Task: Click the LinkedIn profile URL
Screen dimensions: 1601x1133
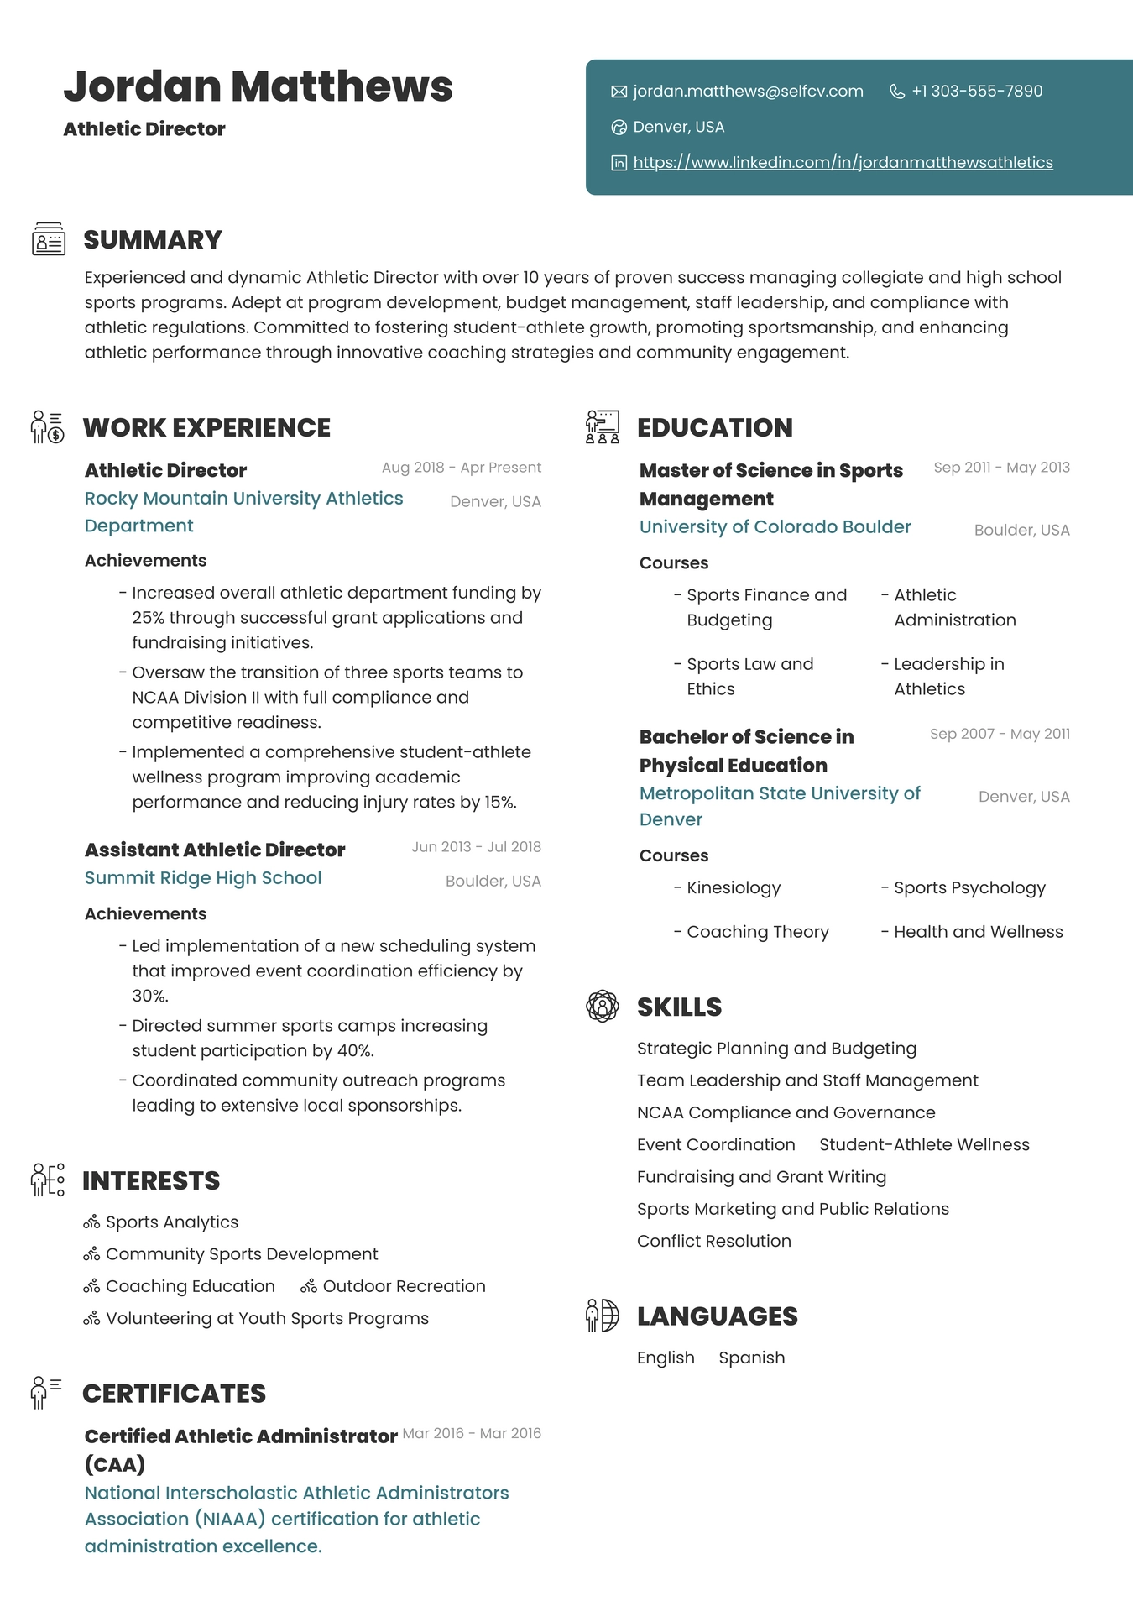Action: (x=843, y=163)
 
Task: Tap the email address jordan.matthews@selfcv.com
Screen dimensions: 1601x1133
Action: (x=748, y=92)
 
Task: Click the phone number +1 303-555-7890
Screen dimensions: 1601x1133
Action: (x=977, y=92)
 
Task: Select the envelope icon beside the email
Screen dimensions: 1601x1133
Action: (x=619, y=92)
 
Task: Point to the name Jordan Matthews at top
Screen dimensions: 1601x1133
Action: (x=258, y=86)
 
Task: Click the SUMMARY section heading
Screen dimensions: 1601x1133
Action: (x=153, y=240)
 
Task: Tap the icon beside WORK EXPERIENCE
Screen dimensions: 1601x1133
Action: (x=47, y=427)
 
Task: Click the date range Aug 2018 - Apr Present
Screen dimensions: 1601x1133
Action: (x=461, y=468)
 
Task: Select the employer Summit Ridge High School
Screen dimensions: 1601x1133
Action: (x=203, y=878)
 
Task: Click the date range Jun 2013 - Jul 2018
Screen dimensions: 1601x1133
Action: (x=476, y=847)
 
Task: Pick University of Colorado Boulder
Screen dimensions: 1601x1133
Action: (x=775, y=527)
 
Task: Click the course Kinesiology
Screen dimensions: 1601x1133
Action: (x=734, y=888)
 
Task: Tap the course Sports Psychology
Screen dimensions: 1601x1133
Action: (x=969, y=888)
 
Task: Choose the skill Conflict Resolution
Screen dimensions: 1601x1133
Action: (x=713, y=1242)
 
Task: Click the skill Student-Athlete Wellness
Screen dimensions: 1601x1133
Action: (x=924, y=1145)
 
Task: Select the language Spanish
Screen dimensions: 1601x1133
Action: (x=751, y=1358)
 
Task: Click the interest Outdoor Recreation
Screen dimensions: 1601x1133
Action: (x=404, y=1287)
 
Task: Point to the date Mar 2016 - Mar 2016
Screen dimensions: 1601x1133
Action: (x=472, y=1434)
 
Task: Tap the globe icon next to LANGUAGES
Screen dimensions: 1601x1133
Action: (x=602, y=1316)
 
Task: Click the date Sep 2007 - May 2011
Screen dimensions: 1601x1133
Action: (x=1000, y=735)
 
